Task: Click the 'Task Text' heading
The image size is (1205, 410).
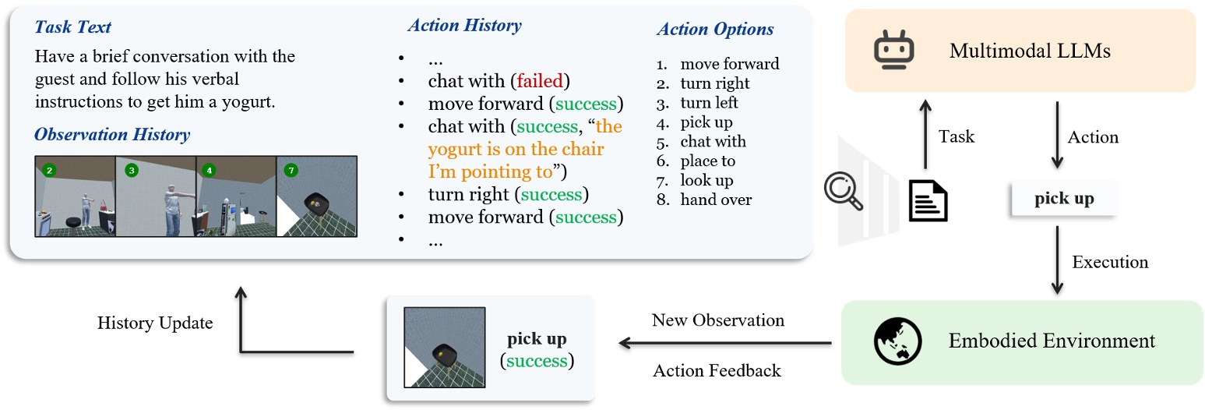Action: (x=72, y=27)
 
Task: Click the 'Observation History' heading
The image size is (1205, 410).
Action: (x=112, y=135)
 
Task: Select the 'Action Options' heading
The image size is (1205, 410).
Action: (x=715, y=29)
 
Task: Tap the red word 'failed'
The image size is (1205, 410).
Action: (x=540, y=81)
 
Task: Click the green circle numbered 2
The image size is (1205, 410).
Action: (x=50, y=171)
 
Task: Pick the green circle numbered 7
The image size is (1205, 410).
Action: (x=291, y=171)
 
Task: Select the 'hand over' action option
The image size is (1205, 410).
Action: (x=716, y=200)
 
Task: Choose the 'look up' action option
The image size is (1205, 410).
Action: (x=706, y=180)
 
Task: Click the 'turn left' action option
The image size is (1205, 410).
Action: (x=709, y=103)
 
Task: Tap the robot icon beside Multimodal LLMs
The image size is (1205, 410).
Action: (x=893, y=50)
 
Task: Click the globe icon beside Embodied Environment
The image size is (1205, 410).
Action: (x=897, y=341)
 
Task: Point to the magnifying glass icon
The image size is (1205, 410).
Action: (x=843, y=191)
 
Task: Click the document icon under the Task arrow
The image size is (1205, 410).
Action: (x=928, y=200)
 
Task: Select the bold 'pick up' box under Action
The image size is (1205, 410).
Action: (x=1063, y=199)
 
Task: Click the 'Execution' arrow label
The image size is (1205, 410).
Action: (x=1110, y=262)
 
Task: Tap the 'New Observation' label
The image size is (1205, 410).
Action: (x=717, y=320)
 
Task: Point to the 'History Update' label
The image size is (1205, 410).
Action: (x=155, y=323)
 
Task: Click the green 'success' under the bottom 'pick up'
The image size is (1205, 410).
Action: (x=537, y=360)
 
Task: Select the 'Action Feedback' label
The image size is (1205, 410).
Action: (x=717, y=370)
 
